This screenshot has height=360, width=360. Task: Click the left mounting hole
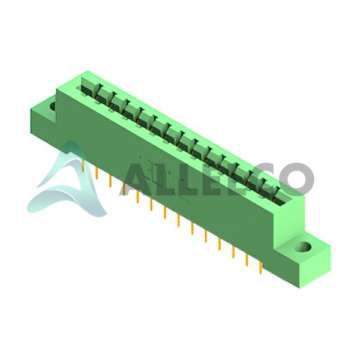[x=53, y=106]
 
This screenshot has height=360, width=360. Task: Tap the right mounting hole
[x=303, y=247]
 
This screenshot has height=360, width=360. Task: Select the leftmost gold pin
[x=83, y=165]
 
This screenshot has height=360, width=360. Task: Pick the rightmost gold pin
[x=260, y=268]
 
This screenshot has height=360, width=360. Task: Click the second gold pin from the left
[x=97, y=173]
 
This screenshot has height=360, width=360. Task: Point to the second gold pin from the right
[x=247, y=260]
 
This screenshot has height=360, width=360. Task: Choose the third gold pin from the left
[x=110, y=181]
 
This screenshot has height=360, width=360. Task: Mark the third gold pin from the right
[x=233, y=252]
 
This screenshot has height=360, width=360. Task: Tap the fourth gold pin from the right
[x=220, y=244]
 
